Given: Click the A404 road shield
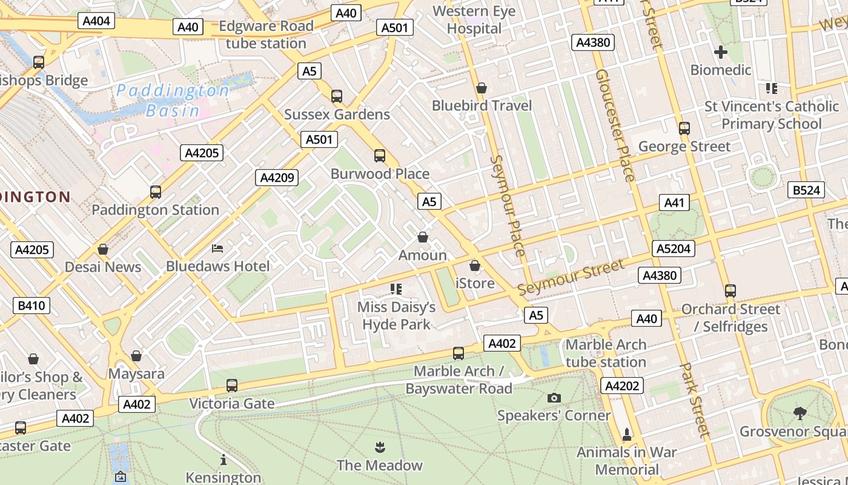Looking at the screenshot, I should coord(96,21).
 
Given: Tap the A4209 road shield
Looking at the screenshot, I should coord(277,178).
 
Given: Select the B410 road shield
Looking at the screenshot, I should coord(31,306).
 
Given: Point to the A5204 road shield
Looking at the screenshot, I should coord(674,249).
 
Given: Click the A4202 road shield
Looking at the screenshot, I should coord(621,386).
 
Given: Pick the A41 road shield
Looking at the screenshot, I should coord(674,202).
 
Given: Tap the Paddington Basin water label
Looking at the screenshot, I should coord(173,101).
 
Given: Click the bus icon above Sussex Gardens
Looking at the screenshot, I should coord(337,96).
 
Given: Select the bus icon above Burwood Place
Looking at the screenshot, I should coord(380,156).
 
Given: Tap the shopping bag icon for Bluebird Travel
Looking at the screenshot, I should coord(482,89).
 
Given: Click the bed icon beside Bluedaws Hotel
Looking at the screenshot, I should coord(217,249).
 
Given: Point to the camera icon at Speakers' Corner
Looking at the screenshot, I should coord(554,398).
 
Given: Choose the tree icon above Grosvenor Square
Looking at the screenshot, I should coord(800,413).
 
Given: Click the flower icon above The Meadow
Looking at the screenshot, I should coord(380,448).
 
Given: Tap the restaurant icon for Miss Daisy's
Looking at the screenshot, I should coord(396,289).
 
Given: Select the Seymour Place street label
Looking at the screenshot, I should coord(508,206).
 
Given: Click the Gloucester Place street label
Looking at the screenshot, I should coord(615,125).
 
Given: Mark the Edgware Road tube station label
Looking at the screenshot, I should coord(266,35).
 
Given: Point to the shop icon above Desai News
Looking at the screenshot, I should coord(103,249).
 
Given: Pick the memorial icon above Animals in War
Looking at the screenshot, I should coord(626,435).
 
